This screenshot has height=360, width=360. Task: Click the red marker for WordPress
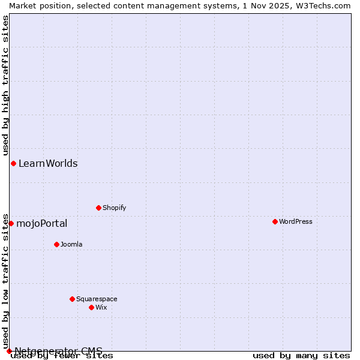[x=275, y=221]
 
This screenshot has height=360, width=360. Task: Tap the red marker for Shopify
[x=98, y=208]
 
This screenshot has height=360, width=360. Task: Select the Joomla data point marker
[x=56, y=244]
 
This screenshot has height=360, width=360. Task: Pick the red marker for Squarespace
[x=72, y=299]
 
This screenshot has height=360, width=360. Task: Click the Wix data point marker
[x=91, y=307]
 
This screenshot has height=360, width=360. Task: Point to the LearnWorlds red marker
[x=13, y=163]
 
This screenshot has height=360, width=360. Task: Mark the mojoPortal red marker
[x=11, y=223]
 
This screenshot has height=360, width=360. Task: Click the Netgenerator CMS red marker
[x=9, y=351]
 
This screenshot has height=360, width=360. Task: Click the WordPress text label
[x=296, y=221]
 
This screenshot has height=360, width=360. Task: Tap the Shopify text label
[x=114, y=208]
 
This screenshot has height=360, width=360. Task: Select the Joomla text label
[x=71, y=244]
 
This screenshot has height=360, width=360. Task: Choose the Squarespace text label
[x=97, y=299]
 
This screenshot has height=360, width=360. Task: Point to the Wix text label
[x=101, y=307]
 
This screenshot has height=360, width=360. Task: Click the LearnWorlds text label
[x=48, y=163]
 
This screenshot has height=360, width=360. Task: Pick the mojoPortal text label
[x=41, y=224]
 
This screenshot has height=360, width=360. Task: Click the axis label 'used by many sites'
[x=301, y=355]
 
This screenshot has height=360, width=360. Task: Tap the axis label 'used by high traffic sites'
[x=5, y=86]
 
